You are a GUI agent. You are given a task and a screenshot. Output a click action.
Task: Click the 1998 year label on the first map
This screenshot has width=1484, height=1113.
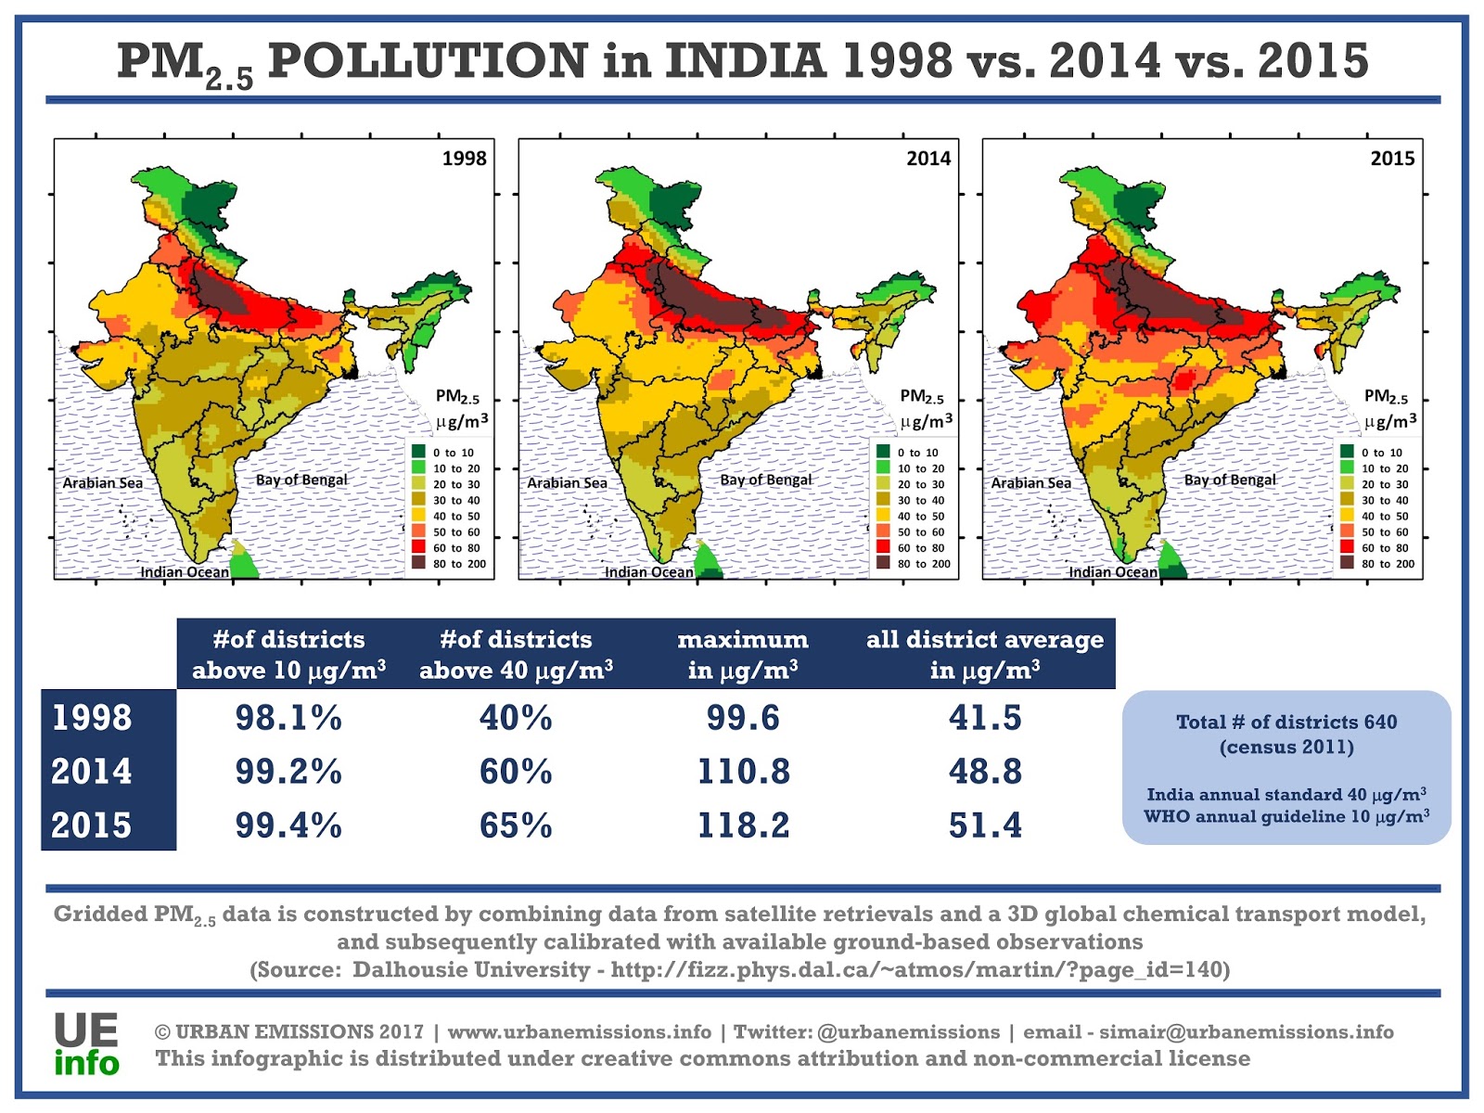(464, 158)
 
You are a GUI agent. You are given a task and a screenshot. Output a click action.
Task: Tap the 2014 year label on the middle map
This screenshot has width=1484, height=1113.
(928, 158)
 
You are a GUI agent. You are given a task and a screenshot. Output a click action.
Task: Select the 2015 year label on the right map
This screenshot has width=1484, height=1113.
(1392, 158)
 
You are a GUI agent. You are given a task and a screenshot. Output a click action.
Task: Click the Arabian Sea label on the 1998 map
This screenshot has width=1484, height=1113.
(103, 483)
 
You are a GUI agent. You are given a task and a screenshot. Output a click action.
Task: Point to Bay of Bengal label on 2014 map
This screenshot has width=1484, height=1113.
(766, 480)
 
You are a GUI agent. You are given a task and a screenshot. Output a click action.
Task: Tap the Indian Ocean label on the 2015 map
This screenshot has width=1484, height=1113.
(1113, 572)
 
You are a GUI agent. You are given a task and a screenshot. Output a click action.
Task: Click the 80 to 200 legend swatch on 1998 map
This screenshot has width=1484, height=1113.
(419, 563)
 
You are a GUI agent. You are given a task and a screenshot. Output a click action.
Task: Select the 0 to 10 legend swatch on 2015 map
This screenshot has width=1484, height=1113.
(1347, 452)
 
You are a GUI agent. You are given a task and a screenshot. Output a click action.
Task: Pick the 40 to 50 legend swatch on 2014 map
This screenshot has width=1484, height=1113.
(883, 516)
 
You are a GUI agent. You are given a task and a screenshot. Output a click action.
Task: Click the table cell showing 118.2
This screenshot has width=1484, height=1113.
(743, 825)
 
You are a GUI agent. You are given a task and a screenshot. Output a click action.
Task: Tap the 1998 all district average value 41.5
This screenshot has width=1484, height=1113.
(985, 718)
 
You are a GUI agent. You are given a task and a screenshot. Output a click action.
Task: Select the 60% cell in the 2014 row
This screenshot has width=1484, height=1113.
(516, 771)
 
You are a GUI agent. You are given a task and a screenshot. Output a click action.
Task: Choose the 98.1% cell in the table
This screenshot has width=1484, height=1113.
(288, 718)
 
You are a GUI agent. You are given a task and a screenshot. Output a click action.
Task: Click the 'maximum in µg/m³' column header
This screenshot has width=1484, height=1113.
(743, 654)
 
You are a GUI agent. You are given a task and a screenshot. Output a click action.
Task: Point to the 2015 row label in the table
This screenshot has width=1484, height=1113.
(92, 825)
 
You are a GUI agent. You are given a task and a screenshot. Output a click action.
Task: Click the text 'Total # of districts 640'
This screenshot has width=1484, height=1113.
(1286, 722)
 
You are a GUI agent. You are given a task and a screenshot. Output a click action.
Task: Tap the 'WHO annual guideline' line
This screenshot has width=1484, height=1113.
(1286, 816)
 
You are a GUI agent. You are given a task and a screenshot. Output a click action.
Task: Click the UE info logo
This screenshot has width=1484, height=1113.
(86, 1044)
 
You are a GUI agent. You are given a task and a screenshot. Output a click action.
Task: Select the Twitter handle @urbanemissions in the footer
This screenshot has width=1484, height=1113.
(908, 1032)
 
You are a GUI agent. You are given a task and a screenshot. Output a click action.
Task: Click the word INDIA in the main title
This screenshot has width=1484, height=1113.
(746, 61)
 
